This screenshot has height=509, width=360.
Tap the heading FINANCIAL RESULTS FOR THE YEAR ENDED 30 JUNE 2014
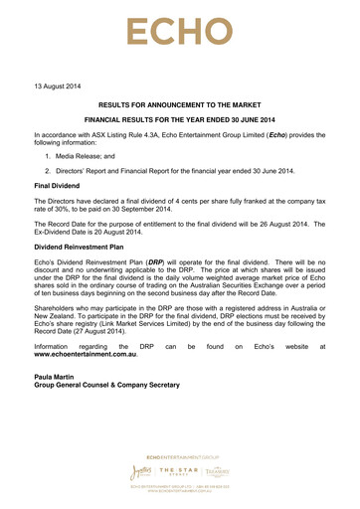pyautogui.click(x=181, y=123)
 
